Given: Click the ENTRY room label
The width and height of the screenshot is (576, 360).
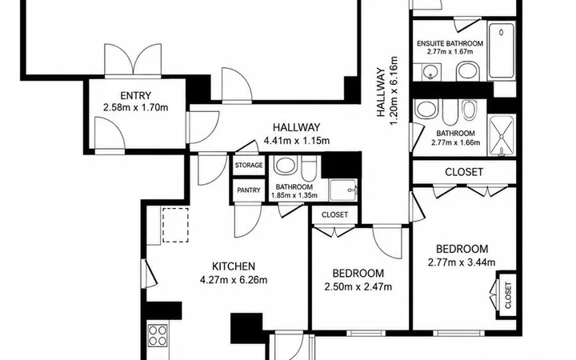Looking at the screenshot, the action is point(135,95).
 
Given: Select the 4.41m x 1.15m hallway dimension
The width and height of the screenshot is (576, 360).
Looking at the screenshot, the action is point(297,141).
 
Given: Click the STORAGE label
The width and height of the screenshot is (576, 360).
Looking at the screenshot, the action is point(249,166).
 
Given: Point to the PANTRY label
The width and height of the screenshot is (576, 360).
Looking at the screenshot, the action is point(249,190).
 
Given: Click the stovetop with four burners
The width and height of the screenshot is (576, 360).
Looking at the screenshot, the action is point(158,336).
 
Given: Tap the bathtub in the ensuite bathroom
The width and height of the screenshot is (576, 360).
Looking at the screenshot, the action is point(502,50).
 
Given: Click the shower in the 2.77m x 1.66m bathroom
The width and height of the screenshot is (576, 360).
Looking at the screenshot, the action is point(502,135).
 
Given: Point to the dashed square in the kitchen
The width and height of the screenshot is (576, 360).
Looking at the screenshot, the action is point(175,225).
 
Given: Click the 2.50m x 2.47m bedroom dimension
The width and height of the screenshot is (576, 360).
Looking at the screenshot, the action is point(358,287).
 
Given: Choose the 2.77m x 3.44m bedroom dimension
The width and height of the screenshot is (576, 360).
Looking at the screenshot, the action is point(462,262).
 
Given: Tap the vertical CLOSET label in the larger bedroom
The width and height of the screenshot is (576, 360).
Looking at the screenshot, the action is point(508,295).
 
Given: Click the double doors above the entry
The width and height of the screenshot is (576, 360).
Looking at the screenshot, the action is point(133,61).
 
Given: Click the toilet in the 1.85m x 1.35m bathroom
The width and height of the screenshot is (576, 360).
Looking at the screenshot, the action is point(309,168).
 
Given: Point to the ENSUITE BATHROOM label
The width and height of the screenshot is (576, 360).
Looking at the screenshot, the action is point(450,44).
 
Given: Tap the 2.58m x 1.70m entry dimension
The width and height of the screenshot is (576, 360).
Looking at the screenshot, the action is point(135,108).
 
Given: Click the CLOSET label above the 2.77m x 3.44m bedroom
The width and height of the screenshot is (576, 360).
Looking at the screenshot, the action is point(464,172).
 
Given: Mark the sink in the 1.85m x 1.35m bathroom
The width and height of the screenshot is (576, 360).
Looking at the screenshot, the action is point(285,166).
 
